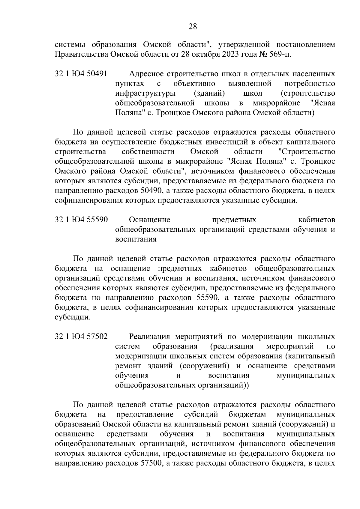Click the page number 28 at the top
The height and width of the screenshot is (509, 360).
click(x=192, y=27)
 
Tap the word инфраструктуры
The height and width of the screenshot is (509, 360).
click(x=145, y=93)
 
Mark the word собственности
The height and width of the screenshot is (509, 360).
click(x=148, y=152)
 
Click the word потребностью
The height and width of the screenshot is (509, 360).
click(x=309, y=83)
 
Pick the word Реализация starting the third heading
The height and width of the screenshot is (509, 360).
click(x=150, y=337)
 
